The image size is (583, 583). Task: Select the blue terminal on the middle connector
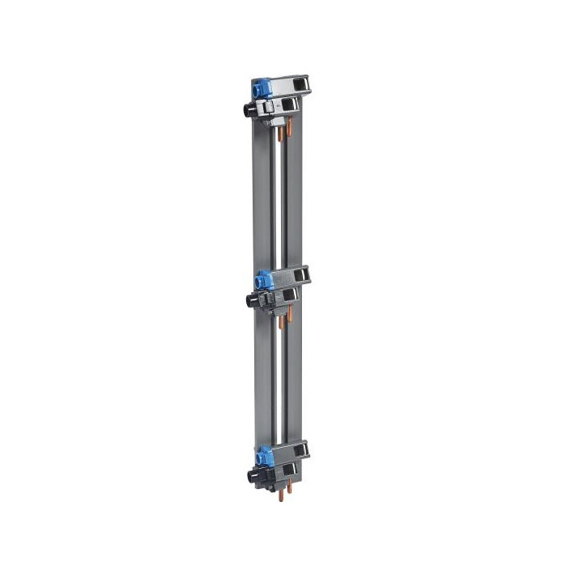(262, 280)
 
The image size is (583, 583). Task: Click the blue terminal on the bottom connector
(263, 455)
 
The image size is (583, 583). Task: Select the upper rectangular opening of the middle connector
(302, 274)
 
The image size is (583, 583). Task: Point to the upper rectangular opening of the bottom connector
(302, 448)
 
